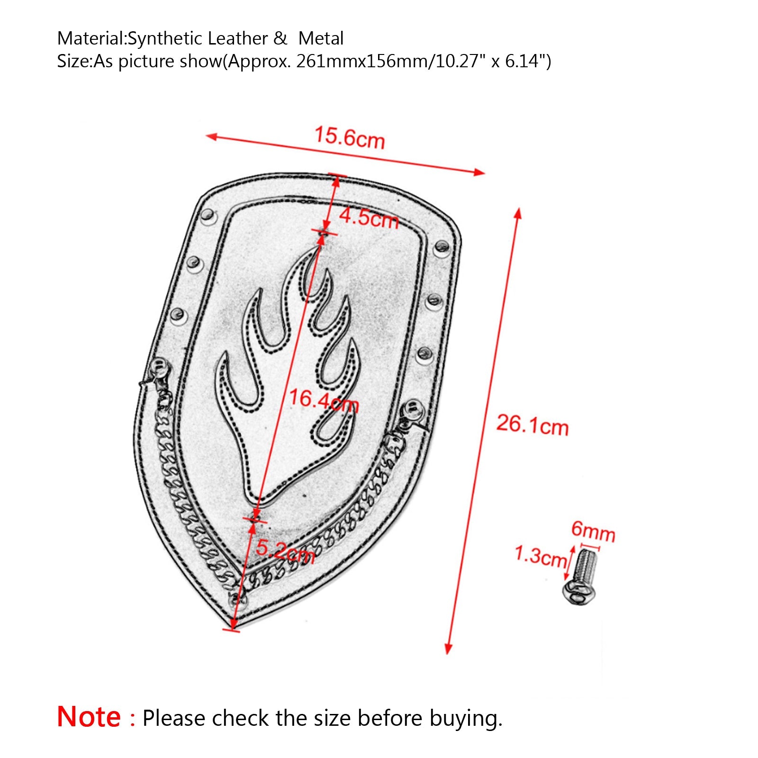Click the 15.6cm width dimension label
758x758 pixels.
[x=350, y=138]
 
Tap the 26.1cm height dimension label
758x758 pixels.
[x=532, y=424]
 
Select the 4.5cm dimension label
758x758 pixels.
[x=369, y=218]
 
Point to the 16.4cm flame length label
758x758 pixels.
[x=324, y=400]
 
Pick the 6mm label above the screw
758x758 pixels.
[x=593, y=531]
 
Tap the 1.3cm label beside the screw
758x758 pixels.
[x=541, y=556]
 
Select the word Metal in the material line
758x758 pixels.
[x=321, y=38]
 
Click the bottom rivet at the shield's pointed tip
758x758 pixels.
[x=237, y=600]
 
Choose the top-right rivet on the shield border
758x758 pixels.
[x=442, y=247]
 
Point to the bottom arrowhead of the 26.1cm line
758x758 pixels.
[x=448, y=649]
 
